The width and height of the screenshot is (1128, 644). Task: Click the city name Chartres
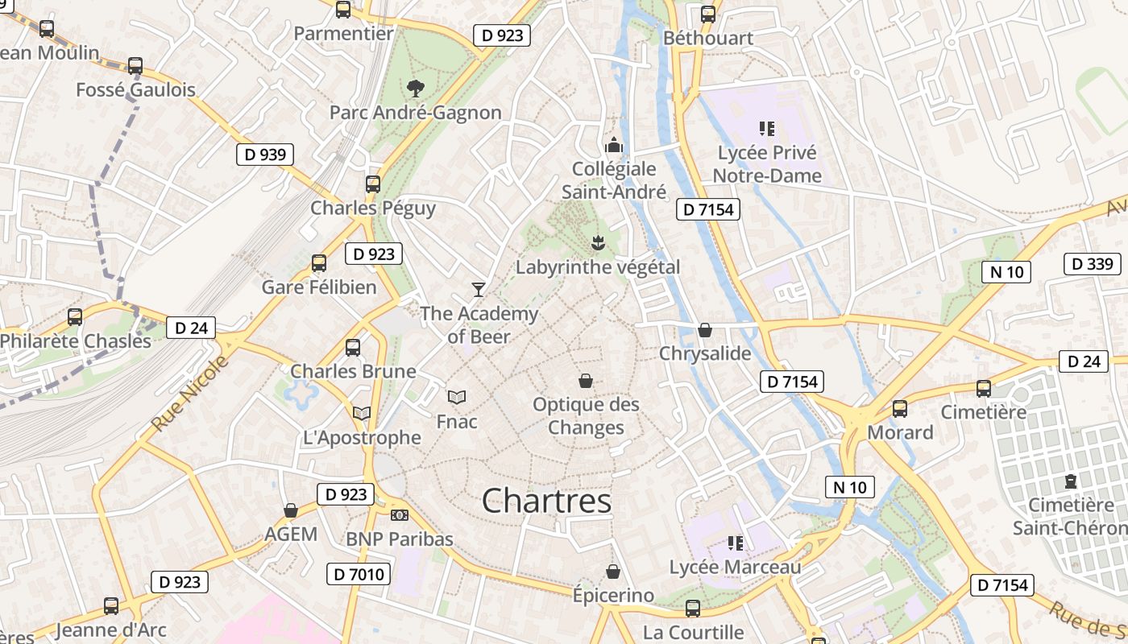coord(546,501)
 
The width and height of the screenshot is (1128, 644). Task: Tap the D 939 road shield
coord(265,155)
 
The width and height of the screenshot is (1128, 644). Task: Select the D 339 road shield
coord(1093,264)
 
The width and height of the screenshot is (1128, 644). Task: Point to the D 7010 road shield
coord(359,574)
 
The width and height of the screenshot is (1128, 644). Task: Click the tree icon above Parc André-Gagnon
coord(415,88)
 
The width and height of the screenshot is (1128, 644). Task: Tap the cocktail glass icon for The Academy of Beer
coord(479,289)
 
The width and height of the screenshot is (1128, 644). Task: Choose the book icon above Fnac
coord(457,397)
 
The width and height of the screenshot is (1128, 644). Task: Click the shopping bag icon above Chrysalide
coord(705,330)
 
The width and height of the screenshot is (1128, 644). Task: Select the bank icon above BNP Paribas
coord(399,515)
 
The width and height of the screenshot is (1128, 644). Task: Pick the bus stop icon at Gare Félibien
coord(319,263)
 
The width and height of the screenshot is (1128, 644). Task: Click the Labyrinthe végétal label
coord(598,267)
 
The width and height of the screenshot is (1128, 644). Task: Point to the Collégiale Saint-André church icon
coord(614,146)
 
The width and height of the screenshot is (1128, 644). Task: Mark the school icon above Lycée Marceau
coord(735,543)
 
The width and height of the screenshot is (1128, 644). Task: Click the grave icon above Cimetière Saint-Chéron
coord(1070,481)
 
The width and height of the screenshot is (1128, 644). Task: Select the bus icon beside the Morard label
coord(900,409)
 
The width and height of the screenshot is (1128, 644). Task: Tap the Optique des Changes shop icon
coord(586,381)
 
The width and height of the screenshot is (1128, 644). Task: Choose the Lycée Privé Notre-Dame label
coord(767,164)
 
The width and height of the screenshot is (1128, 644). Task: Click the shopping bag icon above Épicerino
coord(613,572)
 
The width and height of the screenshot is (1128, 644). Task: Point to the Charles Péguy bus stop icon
coord(372,184)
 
